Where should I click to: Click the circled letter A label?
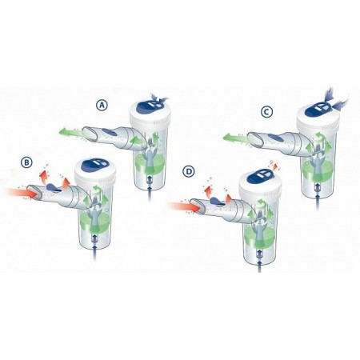point(102,105)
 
